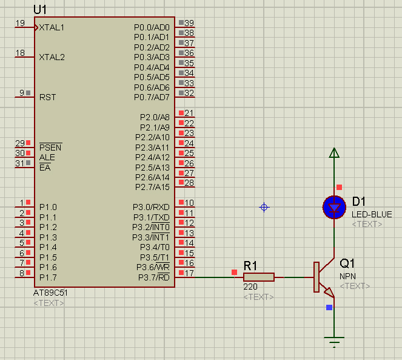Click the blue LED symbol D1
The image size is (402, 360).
[334, 207]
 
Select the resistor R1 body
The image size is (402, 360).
[259, 277]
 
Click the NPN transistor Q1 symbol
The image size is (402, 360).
[324, 277]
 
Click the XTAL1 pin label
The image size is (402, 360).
[52, 27]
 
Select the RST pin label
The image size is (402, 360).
[47, 97]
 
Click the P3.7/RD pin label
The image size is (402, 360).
[154, 277]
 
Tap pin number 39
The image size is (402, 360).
[189, 23]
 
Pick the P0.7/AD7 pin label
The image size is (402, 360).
[152, 97]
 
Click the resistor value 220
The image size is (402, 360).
[250, 287]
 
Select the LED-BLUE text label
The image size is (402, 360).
[372, 214]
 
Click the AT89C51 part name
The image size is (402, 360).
[50, 293]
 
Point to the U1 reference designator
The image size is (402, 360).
[40, 10]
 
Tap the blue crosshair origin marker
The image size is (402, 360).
[264, 207]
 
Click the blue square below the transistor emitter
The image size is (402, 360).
[329, 307]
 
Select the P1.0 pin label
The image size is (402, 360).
[48, 207]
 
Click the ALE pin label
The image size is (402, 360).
[47, 157]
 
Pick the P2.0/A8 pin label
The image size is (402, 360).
[155, 117]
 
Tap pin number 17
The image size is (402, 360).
[189, 273]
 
